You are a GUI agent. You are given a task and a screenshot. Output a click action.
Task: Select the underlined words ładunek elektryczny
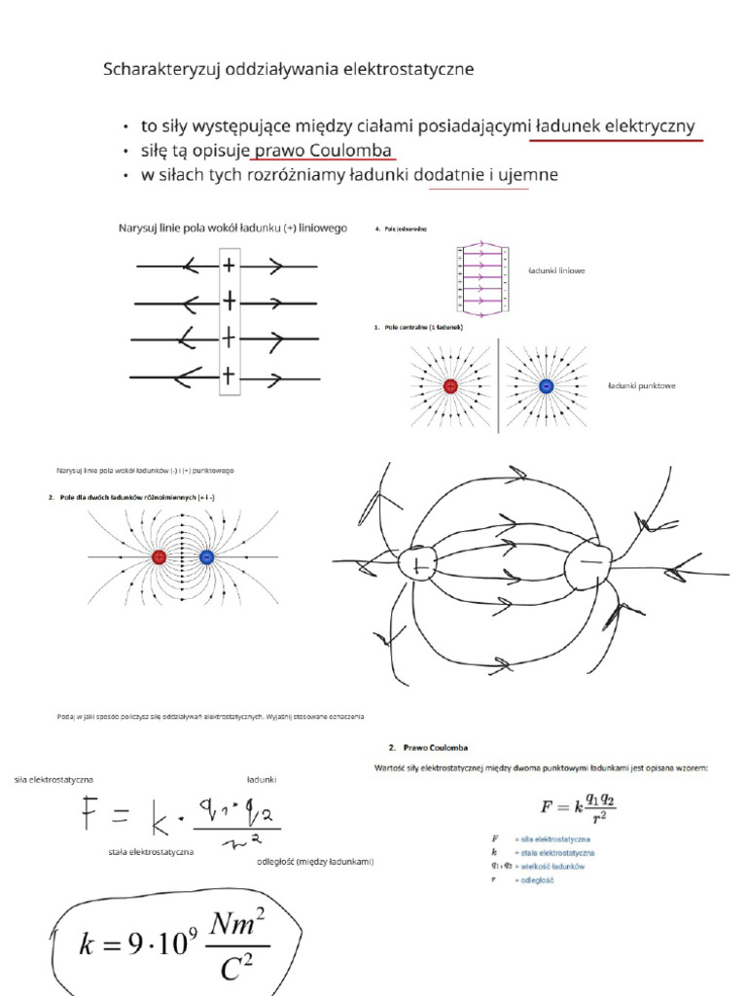coord(616,126)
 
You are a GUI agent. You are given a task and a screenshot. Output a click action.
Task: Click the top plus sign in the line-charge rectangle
coord(229,265)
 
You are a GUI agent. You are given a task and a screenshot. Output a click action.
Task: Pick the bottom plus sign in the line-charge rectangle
coord(229,374)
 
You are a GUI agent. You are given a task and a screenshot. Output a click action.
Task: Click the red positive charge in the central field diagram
coord(450,386)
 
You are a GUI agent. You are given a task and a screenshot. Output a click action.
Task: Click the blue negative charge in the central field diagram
coord(546,386)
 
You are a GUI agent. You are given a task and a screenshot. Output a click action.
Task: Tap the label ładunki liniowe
coord(554,271)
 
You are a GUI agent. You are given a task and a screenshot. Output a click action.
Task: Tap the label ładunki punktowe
coord(641,386)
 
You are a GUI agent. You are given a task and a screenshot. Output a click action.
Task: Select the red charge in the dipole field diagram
coord(160,557)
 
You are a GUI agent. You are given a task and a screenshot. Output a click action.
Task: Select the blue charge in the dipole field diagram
coord(206,557)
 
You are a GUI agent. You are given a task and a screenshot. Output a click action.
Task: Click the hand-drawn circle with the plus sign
coord(420,565)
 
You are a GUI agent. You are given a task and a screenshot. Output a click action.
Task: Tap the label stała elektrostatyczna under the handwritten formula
coord(151,851)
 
